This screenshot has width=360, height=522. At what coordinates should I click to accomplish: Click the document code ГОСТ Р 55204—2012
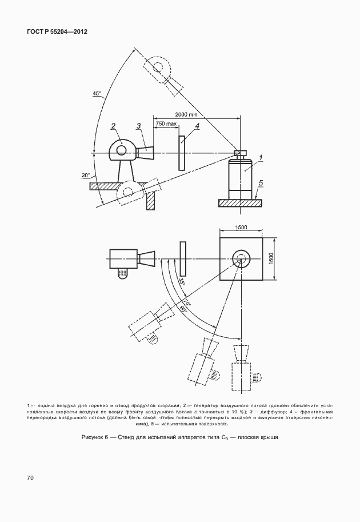coord(57,31)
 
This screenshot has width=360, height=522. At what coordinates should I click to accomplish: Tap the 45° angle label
coord(97,94)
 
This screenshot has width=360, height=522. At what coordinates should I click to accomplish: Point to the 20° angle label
coord(86,175)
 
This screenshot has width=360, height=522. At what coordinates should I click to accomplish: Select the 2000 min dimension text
coord(186,114)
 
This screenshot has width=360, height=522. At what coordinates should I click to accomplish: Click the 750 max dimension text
coord(166,123)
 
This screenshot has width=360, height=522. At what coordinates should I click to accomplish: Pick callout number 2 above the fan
coord(113,126)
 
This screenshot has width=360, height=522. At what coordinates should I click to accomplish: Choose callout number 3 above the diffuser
coord(138,126)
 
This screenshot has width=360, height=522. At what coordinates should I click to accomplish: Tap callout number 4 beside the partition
coord(197,126)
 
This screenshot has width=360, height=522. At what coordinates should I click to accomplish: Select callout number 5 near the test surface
coord(261,183)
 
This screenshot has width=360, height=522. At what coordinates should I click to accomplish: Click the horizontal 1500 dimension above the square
coord(241,228)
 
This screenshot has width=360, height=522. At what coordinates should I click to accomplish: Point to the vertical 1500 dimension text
coord(271,258)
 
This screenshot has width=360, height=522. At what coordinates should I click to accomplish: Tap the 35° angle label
coord(182,281)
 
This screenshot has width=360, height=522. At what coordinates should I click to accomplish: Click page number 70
coord(30,478)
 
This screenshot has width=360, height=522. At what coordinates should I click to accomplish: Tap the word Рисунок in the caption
coord(92,437)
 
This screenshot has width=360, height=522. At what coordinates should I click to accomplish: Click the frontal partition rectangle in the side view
coord(181,153)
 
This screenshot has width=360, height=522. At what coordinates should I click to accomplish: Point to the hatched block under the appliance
coord(240,203)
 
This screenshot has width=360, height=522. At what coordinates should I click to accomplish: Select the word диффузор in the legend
coord(266,412)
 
